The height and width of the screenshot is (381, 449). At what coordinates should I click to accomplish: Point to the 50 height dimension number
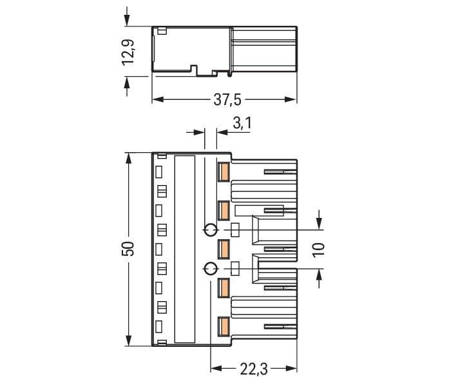(128, 249)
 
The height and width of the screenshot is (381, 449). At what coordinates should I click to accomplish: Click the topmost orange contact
(224, 171)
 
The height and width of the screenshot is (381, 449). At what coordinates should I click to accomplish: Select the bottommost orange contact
(224, 327)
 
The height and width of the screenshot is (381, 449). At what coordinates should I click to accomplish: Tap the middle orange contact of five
(224, 249)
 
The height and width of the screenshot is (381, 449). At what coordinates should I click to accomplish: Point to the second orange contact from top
(224, 210)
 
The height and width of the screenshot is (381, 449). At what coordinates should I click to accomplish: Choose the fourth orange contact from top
(224, 288)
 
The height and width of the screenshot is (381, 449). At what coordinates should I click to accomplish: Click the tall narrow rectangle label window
(185, 249)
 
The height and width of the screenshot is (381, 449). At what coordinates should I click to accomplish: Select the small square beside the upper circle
(235, 230)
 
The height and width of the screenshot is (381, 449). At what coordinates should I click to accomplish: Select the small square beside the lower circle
(235, 268)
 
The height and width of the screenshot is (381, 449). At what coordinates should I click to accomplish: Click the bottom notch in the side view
(204, 69)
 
